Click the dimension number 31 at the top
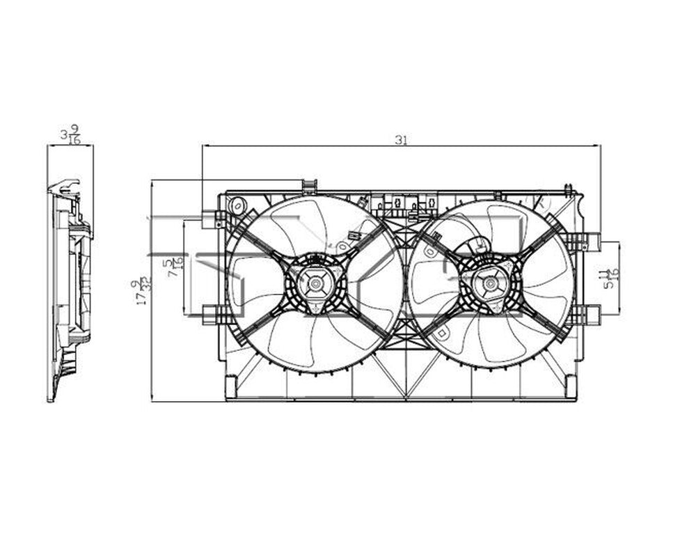point(401,139)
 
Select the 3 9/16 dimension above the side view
point(70,134)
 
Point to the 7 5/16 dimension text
point(173,266)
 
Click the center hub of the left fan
point(315,283)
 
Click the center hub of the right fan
point(491,283)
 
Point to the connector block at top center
point(404,204)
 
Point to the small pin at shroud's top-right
point(568,189)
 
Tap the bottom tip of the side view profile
point(51,398)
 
